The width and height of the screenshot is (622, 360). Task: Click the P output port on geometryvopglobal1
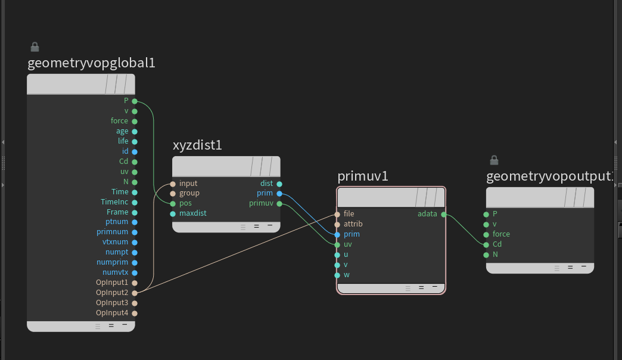click(x=135, y=101)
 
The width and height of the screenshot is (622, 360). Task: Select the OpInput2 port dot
click(x=135, y=293)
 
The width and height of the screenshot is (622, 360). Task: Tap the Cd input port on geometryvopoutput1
click(x=486, y=244)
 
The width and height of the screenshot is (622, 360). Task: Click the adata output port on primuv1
click(x=443, y=214)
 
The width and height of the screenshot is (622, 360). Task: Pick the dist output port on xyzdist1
click(x=279, y=184)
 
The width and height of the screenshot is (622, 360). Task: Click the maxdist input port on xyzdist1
click(x=173, y=213)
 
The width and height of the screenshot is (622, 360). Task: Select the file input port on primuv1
click(x=337, y=214)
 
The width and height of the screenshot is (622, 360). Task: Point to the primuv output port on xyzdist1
click(x=279, y=204)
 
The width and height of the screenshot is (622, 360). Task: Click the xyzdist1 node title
click(x=197, y=145)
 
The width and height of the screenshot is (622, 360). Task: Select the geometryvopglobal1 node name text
click(x=91, y=63)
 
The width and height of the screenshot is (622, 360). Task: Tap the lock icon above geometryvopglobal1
click(x=35, y=46)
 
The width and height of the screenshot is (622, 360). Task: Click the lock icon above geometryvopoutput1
click(x=493, y=160)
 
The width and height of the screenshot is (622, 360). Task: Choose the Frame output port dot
click(x=135, y=212)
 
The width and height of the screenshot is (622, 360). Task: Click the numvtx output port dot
click(x=135, y=272)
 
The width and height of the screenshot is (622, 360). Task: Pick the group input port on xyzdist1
click(x=173, y=194)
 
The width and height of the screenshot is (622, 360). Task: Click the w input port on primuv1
click(x=337, y=275)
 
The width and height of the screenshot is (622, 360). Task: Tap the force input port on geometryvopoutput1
click(x=486, y=234)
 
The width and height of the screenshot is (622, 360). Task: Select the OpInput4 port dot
click(x=135, y=313)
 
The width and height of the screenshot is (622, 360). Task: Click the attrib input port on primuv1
click(x=337, y=224)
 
